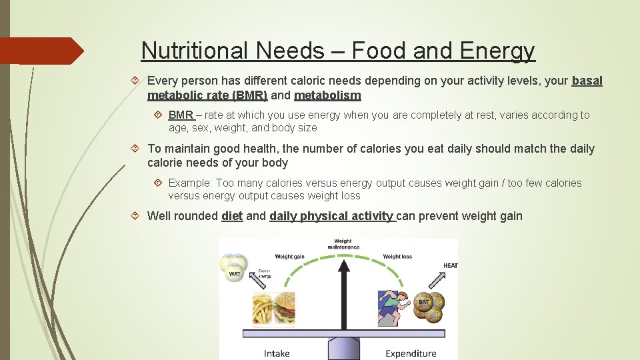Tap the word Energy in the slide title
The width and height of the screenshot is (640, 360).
[501, 50]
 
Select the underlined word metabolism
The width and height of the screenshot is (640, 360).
[327, 95]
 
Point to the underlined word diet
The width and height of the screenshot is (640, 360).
[232, 215]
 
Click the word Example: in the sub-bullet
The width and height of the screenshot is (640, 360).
[191, 183]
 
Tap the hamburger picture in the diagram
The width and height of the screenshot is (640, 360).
[285, 307]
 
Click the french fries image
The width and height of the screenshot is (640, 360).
[261, 309]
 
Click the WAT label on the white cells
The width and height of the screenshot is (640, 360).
[235, 274]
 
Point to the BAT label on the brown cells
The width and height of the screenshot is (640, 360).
[425, 303]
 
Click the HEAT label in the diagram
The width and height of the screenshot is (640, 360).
[451, 266]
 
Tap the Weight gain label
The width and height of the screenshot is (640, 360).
[289, 256]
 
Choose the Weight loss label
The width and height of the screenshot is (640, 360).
[397, 256]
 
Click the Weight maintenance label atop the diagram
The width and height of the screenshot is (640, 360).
[343, 245]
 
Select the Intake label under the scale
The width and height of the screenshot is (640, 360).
[277, 353]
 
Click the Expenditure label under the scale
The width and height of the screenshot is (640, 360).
[411, 353]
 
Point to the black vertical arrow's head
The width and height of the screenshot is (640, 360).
[343, 266]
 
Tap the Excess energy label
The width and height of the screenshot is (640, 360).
[265, 274]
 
